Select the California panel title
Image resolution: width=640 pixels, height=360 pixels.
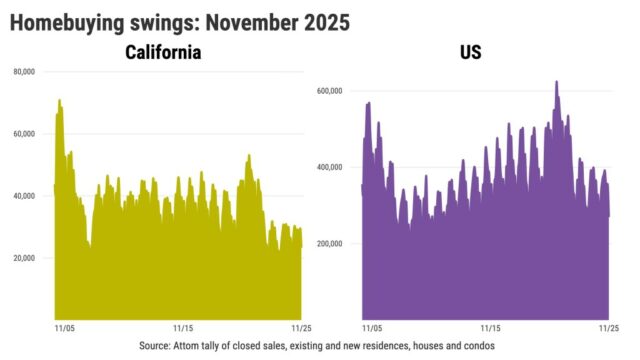click(x=162, y=52)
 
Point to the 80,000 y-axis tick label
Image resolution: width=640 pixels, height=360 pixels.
click(x=25, y=72)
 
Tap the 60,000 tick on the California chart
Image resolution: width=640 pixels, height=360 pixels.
click(x=25, y=134)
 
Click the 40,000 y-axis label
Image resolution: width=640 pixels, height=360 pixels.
click(x=25, y=196)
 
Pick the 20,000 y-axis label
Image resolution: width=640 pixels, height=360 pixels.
click(x=25, y=258)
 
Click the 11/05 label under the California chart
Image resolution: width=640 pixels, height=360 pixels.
click(x=62, y=327)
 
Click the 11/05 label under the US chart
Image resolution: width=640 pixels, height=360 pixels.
click(x=370, y=327)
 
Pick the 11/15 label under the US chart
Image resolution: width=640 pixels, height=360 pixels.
click(x=491, y=327)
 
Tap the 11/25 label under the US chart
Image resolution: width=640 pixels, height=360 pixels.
click(x=608, y=327)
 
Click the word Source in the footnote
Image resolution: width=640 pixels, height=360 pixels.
click(x=158, y=345)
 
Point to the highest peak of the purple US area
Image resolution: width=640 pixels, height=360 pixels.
click(x=556, y=82)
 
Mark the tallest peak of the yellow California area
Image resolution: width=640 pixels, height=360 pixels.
click(x=59, y=100)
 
